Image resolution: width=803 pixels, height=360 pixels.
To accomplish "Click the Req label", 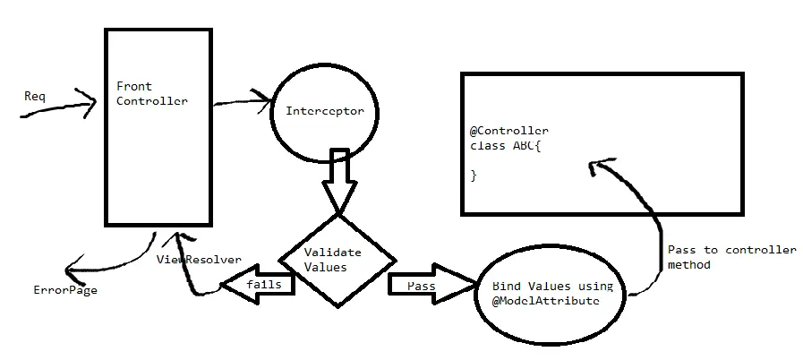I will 34,94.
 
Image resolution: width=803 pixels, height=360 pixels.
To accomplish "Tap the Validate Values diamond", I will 337,260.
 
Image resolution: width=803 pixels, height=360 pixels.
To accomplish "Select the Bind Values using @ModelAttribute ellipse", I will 552,294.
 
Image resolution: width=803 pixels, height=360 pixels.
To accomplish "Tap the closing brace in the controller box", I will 474,176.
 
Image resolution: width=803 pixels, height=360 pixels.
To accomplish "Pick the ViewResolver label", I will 199,260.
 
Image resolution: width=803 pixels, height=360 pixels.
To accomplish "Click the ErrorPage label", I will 65,290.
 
